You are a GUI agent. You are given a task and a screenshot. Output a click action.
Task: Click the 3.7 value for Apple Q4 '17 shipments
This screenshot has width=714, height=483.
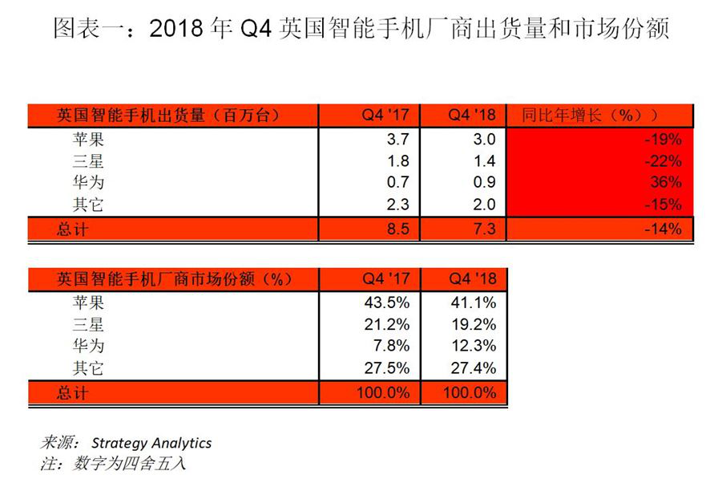(397, 139)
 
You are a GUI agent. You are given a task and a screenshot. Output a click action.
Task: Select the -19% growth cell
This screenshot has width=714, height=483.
(663, 139)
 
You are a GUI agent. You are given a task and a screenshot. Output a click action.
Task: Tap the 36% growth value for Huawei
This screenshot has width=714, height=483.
(666, 182)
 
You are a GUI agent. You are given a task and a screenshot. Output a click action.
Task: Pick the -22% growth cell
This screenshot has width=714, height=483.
(663, 161)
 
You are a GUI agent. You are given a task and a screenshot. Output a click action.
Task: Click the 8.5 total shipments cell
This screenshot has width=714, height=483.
(397, 229)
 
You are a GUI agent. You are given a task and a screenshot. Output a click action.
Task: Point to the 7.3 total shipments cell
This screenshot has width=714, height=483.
(484, 229)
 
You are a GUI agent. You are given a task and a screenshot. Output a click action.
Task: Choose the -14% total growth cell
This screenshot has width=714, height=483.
(663, 229)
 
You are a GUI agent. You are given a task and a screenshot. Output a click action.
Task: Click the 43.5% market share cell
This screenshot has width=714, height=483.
(386, 302)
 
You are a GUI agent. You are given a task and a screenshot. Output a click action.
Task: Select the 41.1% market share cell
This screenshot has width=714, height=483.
(474, 302)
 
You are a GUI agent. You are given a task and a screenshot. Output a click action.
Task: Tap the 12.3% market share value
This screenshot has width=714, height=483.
(474, 346)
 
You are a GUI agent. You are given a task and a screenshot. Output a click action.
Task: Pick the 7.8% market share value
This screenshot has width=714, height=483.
(391, 346)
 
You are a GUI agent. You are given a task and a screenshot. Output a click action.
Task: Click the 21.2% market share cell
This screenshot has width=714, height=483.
(386, 324)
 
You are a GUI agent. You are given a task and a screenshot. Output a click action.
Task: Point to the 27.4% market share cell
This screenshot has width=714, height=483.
(474, 367)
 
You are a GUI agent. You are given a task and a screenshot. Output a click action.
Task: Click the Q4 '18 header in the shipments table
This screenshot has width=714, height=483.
(472, 115)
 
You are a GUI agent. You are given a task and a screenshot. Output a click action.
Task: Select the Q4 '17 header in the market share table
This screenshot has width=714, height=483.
(386, 278)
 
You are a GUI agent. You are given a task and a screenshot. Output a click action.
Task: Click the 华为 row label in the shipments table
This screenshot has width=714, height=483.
(88, 182)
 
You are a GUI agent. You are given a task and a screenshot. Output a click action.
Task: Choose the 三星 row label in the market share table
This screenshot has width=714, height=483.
(88, 325)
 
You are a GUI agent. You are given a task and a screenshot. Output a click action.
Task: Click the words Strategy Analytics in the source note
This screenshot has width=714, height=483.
(151, 443)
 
